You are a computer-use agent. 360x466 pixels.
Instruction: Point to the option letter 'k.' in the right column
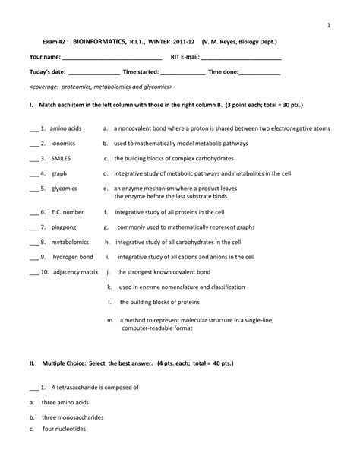point(110,287)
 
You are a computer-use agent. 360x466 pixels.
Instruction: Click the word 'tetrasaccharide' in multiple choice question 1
point(89,388)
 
